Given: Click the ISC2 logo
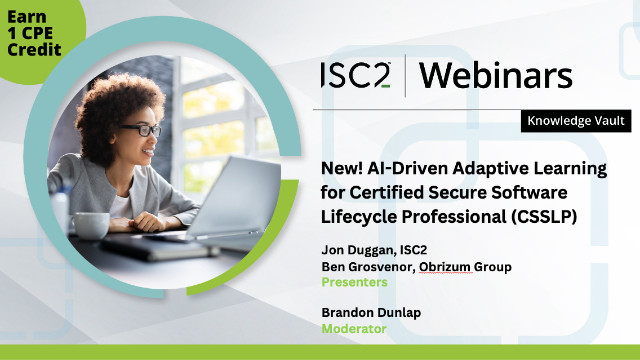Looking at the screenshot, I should [355, 75].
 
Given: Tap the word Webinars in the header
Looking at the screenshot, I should [495, 75].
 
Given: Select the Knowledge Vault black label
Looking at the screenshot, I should [577, 122].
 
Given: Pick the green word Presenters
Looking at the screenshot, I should [354, 283].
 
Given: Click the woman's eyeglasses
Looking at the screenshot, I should [143, 131].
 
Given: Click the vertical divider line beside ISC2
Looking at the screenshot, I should [405, 75].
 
